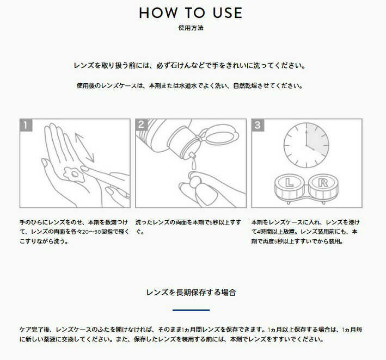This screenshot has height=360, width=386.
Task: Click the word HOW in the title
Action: point(158,13)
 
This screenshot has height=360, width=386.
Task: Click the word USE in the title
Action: point(228,13)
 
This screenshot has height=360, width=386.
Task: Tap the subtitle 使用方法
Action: point(191,28)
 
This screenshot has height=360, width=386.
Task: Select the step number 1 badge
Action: point(26,125)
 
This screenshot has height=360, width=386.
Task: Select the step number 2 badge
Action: point(142,125)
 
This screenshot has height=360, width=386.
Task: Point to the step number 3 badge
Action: point(258,125)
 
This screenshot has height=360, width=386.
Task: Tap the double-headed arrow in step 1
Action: point(84,147)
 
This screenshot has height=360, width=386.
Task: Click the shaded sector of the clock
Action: point(316,138)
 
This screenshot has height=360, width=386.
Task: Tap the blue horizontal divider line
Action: point(191,310)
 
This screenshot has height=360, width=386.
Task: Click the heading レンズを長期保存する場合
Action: point(191,293)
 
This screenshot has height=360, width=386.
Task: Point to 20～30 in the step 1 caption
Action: point(91,232)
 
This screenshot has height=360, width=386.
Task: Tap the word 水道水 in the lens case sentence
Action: point(188,86)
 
